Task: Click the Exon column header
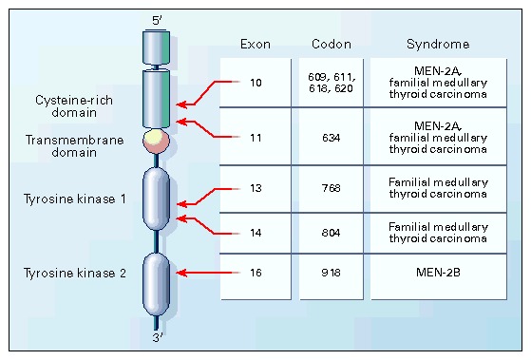pos(256,44)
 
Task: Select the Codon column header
pos(331,44)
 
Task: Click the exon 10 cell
pos(256,82)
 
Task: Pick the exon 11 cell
pos(256,138)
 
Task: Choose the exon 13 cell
pos(256,188)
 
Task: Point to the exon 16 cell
pos(256,273)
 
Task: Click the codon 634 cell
pos(331,138)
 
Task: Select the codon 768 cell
pos(331,188)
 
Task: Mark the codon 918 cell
pos(331,273)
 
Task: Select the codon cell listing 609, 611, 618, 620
pos(331,82)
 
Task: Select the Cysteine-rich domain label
pos(62,105)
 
